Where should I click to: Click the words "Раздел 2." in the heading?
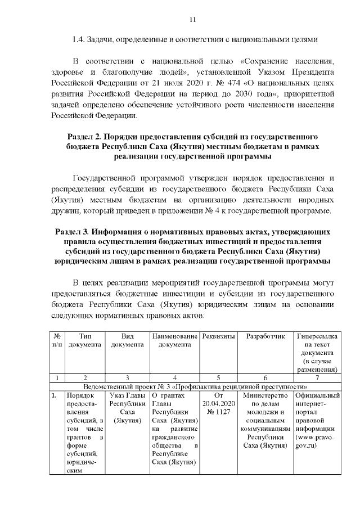[x=86, y=137]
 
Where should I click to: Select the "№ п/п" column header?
[x=56, y=340]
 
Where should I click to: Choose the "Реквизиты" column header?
[x=218, y=336]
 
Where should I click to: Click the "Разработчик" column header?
[x=265, y=336]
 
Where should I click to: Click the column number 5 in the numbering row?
[x=218, y=377]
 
